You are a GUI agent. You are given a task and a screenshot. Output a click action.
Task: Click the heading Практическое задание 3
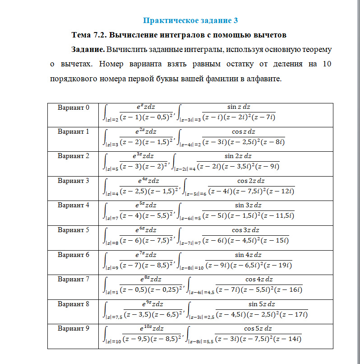[x=190, y=20]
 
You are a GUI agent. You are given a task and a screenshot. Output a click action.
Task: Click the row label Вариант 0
[x=74, y=107]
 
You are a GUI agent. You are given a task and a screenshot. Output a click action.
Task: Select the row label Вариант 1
[x=74, y=132]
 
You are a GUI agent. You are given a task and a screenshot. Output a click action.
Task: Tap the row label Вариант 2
[x=74, y=156]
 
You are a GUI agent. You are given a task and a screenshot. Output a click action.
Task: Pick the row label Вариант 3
[x=74, y=181]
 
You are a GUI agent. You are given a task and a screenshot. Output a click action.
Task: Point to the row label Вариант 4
[x=74, y=205]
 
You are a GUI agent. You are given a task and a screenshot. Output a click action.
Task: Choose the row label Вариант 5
[x=74, y=230]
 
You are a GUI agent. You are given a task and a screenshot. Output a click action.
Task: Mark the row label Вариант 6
[x=74, y=255]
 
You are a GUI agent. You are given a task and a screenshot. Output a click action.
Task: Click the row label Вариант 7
[x=74, y=279]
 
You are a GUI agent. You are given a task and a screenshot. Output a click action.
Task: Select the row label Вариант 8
[x=74, y=304]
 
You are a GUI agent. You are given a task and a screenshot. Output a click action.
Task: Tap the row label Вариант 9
[x=74, y=328]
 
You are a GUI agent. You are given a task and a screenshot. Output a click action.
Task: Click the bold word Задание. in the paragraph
[x=88, y=49]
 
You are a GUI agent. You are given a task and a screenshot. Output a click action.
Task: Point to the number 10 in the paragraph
[x=327, y=64]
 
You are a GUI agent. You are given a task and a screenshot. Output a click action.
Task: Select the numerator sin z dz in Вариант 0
[x=239, y=107]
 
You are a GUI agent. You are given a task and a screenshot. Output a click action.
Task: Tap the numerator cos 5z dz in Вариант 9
[x=258, y=328]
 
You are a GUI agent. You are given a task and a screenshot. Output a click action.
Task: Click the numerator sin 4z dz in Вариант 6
[x=249, y=255]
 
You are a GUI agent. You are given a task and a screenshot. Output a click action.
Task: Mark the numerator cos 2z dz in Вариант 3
[x=251, y=181]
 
